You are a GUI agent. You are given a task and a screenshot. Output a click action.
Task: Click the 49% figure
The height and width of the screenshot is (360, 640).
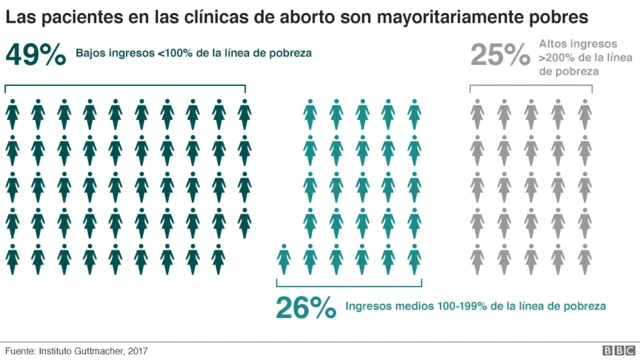point(37,55)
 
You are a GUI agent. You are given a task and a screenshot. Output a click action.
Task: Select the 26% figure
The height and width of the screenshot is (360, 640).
point(305,308)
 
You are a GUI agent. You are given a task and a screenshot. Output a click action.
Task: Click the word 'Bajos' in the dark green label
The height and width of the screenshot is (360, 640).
point(106,52)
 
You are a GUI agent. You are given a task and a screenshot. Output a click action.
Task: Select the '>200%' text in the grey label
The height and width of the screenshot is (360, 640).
point(557,58)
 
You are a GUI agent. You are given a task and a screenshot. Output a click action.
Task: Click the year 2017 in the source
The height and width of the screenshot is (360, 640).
point(138,350)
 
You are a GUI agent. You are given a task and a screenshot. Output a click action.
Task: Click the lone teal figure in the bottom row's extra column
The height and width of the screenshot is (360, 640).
point(285,258)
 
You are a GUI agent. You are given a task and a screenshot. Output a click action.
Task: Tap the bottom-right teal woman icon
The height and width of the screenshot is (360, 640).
point(415,258)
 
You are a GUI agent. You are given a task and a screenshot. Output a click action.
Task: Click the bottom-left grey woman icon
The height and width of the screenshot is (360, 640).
point(479,258)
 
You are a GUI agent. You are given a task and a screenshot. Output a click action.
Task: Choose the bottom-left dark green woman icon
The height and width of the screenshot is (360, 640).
point(14,258)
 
